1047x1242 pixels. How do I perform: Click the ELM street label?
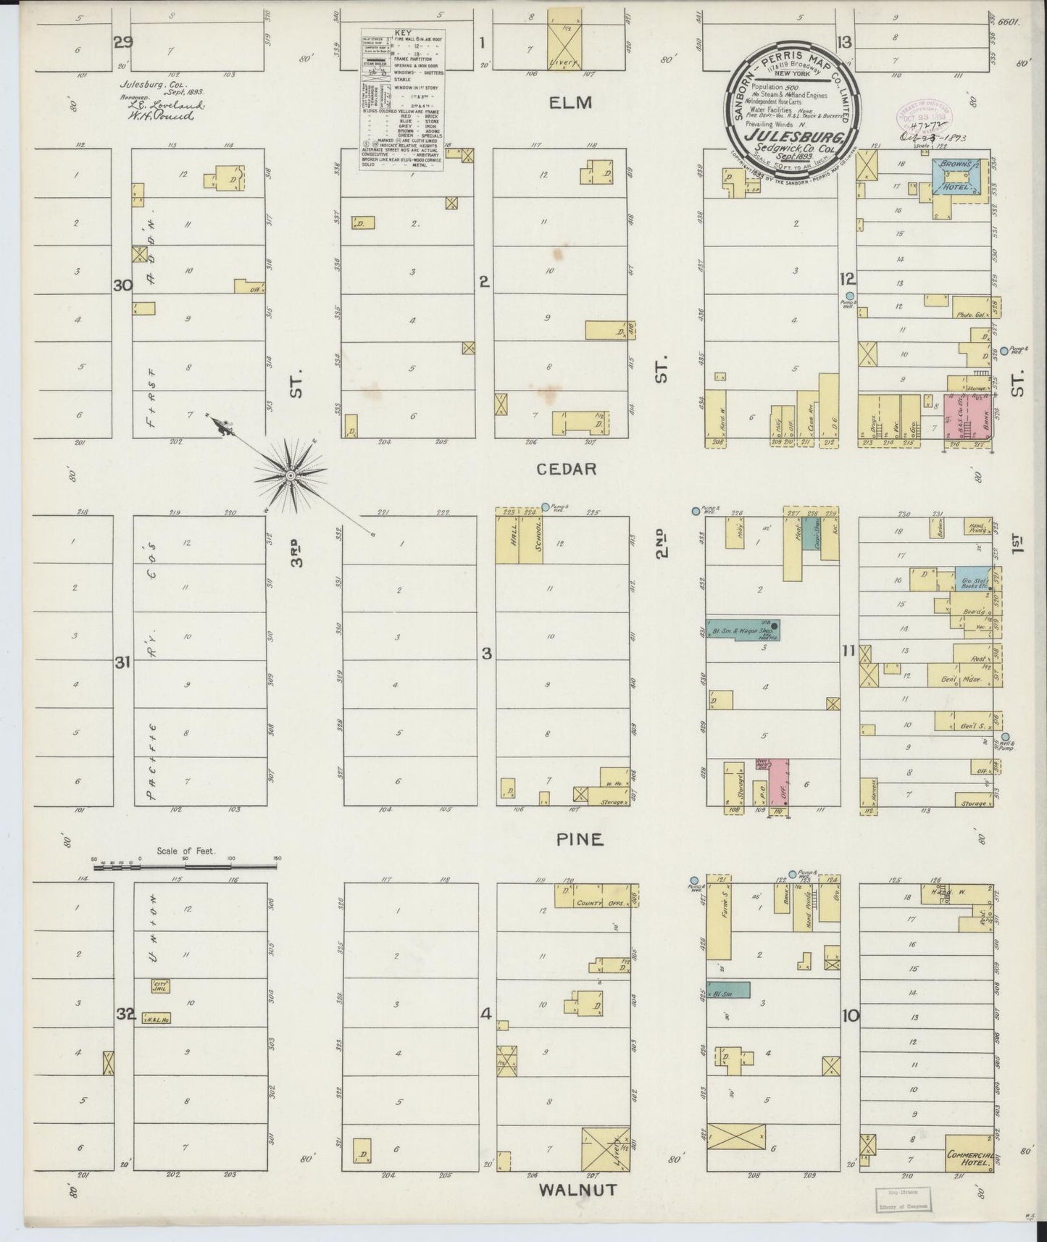tap(571, 102)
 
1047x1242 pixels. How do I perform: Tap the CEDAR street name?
tap(567, 469)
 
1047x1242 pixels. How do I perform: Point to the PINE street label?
tap(580, 839)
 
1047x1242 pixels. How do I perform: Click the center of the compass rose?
tap(290, 475)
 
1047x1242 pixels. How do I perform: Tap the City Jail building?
tap(160, 986)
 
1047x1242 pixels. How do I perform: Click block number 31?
tap(123, 662)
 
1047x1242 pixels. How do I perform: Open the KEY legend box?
tap(402, 100)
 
